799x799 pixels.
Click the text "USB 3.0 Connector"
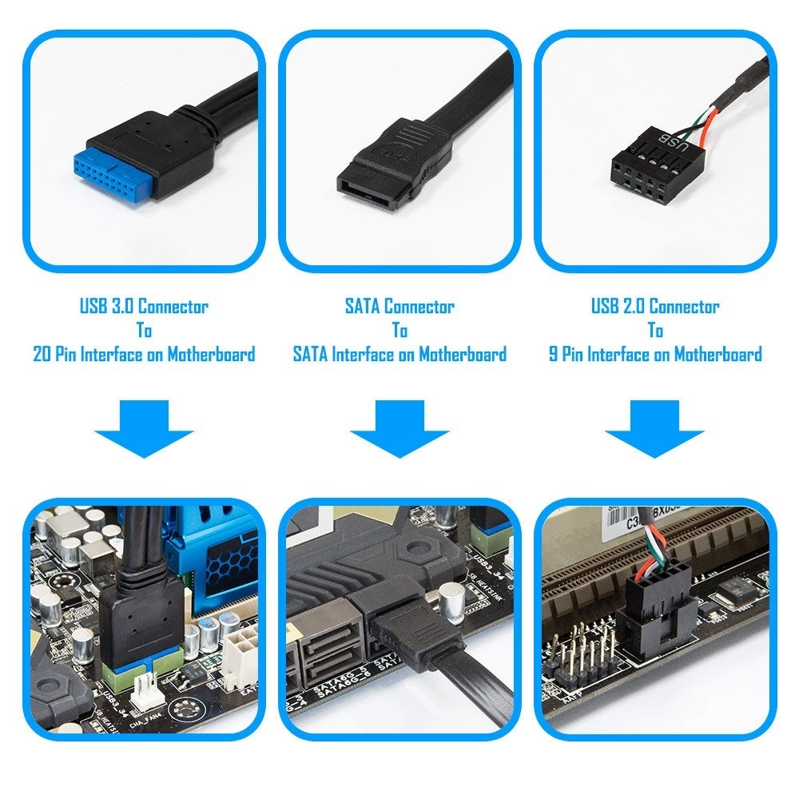click(x=144, y=306)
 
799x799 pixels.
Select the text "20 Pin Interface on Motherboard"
click(x=144, y=354)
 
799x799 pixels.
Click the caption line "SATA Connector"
click(x=399, y=306)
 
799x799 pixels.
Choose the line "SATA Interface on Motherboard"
click(x=399, y=354)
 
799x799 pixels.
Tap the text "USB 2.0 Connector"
click(x=655, y=306)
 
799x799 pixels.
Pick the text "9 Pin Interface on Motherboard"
click(x=655, y=354)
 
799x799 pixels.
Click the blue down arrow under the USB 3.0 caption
click(x=144, y=427)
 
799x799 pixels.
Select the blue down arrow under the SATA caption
click(x=399, y=427)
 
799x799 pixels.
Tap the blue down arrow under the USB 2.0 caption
click(x=654, y=427)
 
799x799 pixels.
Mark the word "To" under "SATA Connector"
click(x=399, y=330)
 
